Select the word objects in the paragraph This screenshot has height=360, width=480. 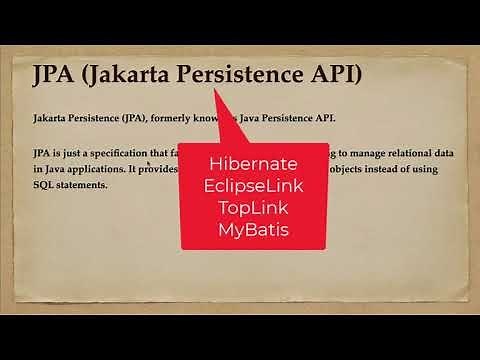[362, 168]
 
